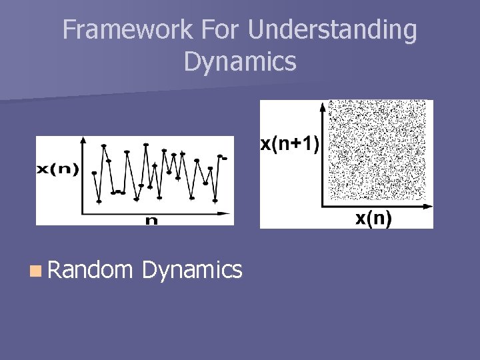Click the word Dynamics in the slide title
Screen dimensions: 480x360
240,61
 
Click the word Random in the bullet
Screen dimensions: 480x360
90,269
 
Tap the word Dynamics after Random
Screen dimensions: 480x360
192,269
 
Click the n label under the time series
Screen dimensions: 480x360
152,221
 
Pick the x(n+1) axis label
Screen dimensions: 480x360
289,143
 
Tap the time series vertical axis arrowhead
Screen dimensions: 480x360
83,140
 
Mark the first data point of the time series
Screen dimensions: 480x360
94,173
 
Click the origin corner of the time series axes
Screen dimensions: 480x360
83,213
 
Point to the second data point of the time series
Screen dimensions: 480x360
99,201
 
